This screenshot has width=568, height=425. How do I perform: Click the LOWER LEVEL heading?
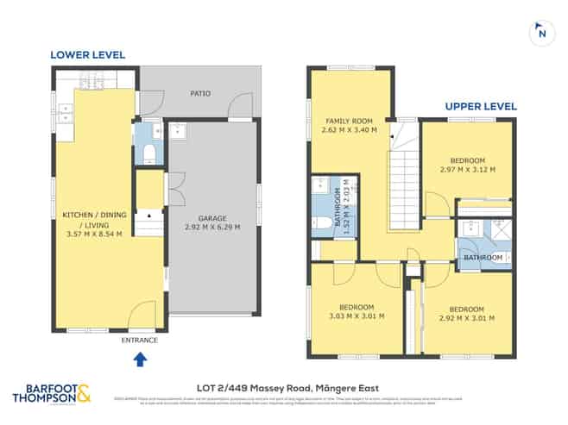(x=87, y=54)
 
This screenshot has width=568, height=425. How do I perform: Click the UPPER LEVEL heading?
(x=481, y=107)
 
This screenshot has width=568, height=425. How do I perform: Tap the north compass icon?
(x=540, y=34)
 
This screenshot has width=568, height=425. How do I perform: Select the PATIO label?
(x=202, y=95)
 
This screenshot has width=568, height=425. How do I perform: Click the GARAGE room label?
(x=212, y=219)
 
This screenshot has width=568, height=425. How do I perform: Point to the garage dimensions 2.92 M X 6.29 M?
(x=212, y=228)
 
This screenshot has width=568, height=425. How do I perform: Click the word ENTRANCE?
(x=141, y=341)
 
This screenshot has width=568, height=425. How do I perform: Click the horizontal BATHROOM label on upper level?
(x=483, y=257)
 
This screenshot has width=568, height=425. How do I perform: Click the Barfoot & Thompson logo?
(x=52, y=393)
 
